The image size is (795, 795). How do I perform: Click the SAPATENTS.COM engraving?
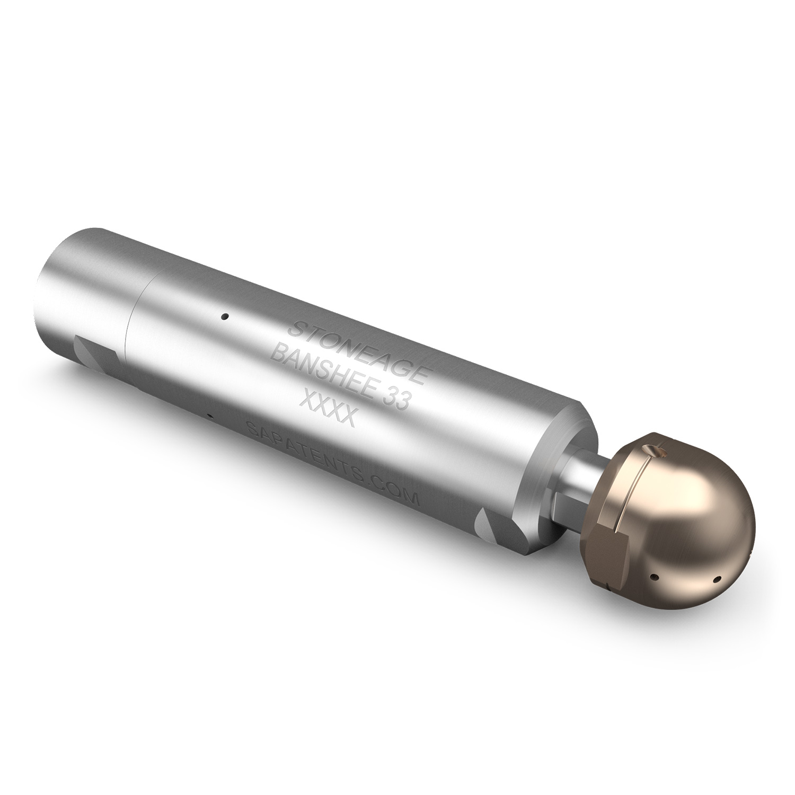(x=334, y=457)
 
